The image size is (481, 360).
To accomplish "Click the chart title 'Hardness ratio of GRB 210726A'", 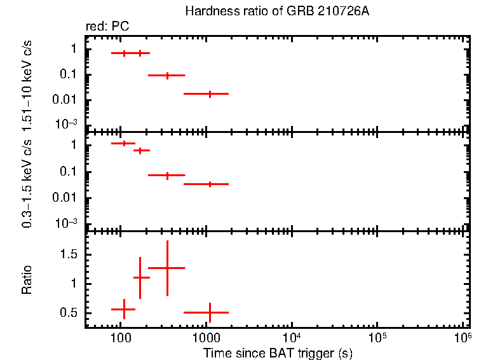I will coord(277,11).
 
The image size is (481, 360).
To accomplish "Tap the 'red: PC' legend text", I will coord(108,27).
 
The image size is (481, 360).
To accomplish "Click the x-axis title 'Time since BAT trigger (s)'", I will coord(277,352).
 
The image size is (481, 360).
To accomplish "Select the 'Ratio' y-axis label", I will coord(27,279).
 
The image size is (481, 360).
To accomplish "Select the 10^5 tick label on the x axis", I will coord(377,336).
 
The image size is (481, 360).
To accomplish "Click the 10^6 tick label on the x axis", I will coord(463,336).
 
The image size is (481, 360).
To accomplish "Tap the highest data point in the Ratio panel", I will coord(167,268).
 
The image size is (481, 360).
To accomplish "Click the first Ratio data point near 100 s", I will coord(124,309).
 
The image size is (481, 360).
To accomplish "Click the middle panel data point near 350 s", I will coord(167,175).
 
